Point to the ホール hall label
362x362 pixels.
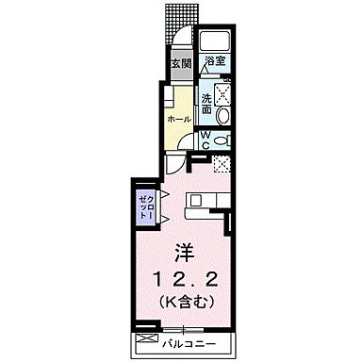click(x=178, y=121)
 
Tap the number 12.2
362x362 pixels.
click(x=184, y=279)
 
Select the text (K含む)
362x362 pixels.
click(x=184, y=303)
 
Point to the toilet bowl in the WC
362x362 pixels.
click(x=220, y=140)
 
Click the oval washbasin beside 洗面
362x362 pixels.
click(x=222, y=115)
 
